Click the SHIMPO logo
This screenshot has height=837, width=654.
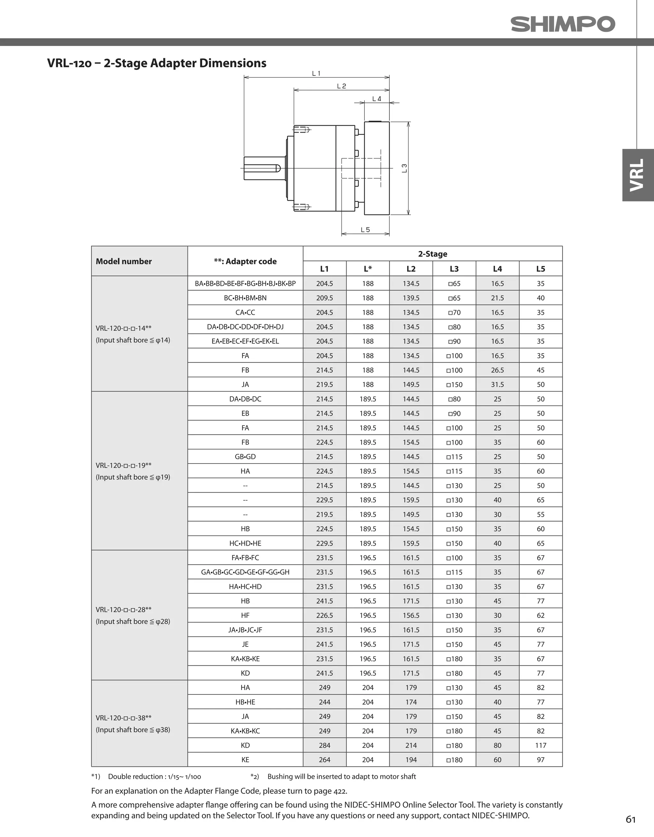coord(562,24)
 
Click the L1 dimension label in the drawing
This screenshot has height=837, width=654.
coord(316,73)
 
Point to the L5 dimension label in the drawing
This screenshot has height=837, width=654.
coord(365,230)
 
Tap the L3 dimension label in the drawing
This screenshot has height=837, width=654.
coord(404,168)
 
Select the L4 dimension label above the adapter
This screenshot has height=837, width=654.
coord(376,99)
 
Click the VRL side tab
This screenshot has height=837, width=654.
coord(637,175)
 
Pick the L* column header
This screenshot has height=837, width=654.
coord(368,269)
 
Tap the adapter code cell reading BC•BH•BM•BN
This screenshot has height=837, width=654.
coord(245,298)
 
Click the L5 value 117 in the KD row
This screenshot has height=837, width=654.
coord(540,745)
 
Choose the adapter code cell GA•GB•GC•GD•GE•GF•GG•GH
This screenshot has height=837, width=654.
coord(245,572)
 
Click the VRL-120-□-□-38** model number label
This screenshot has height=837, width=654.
coord(123,718)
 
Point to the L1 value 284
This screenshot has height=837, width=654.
coord(324,745)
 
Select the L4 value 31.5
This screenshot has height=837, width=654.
coord(497,384)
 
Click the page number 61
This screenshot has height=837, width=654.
coord(631,819)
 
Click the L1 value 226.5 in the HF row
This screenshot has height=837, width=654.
coord(324,616)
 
